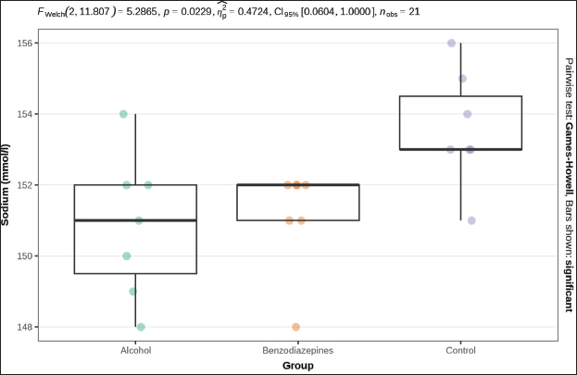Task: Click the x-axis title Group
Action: (297, 366)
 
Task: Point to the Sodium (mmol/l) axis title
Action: (9, 185)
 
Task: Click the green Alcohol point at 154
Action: (123, 114)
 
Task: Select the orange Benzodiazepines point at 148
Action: (295, 327)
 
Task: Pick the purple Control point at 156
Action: (451, 44)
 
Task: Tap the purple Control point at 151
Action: (471, 220)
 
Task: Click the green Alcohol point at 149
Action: (132, 292)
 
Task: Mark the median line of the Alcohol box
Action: (135, 220)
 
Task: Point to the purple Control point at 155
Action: (462, 79)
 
